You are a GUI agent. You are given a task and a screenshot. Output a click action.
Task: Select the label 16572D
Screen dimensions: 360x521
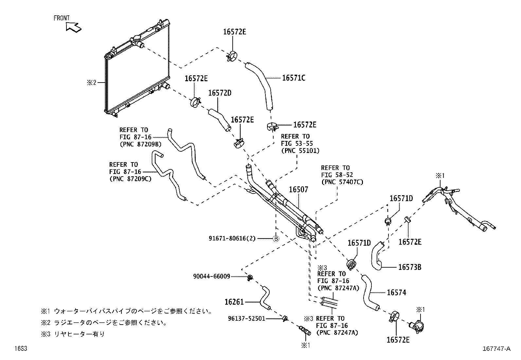220,93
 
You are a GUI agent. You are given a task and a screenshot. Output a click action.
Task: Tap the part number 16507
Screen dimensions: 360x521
298,190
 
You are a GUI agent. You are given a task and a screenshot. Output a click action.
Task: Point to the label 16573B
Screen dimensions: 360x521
409,267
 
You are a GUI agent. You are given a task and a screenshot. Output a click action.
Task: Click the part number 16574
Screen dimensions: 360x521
396,293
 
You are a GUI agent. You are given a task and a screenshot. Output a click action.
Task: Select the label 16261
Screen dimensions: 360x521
234,302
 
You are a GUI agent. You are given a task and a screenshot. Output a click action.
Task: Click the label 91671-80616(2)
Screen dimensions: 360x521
232,238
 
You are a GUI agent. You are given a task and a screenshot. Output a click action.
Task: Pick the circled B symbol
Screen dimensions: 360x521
276,238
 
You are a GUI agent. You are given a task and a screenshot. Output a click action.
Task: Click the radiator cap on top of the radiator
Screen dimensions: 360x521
136,41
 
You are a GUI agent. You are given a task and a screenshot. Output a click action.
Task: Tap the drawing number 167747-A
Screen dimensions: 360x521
495,349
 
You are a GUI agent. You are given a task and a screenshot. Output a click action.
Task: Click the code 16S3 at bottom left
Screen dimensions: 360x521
20,349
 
